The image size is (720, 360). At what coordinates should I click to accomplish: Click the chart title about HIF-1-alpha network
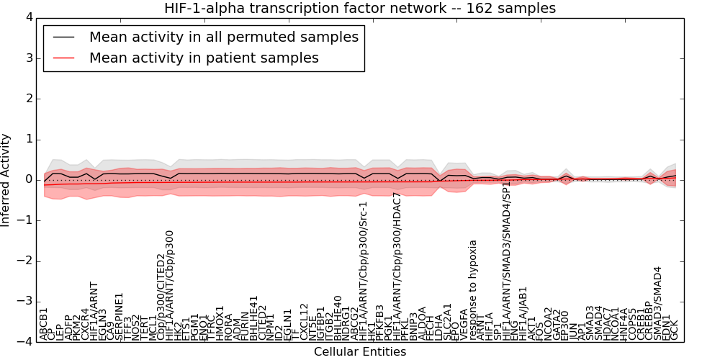click(x=360, y=8)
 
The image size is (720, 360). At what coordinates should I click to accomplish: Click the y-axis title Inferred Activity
click(x=6, y=180)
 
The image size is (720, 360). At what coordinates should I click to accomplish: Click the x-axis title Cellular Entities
click(x=360, y=352)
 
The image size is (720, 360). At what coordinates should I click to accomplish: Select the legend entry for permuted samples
click(x=223, y=37)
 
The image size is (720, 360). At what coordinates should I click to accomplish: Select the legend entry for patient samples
click(x=204, y=58)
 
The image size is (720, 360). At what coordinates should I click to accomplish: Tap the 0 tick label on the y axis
click(x=28, y=179)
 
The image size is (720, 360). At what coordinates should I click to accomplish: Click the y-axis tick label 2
click(x=28, y=99)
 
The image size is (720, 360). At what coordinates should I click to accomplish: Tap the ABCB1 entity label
click(x=44, y=323)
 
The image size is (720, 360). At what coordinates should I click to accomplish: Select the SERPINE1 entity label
click(x=120, y=316)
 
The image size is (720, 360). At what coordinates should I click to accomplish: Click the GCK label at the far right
click(x=675, y=330)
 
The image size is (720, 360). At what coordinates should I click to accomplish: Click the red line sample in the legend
click(x=65, y=58)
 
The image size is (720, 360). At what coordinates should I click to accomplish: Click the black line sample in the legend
click(x=65, y=37)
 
